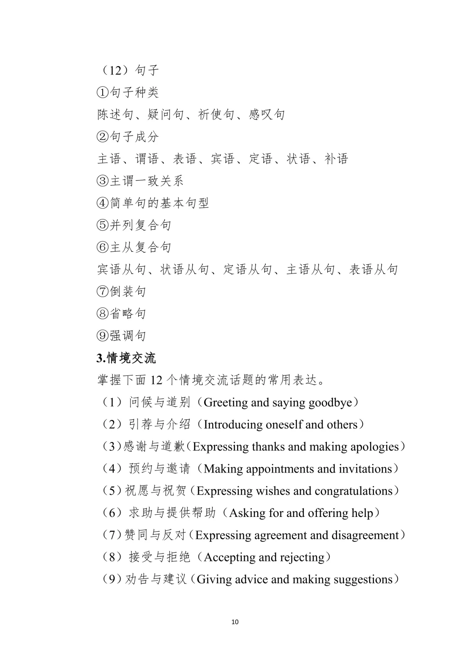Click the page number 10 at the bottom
pos(235,621)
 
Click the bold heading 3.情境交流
pos(126,358)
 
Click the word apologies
pos(374,447)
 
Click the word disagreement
pos(365,535)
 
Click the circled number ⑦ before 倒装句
pos(102,291)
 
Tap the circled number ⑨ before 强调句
pos(102,336)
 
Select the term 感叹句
pos(267,115)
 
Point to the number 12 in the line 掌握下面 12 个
pos(156,380)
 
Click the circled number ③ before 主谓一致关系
pos(102,181)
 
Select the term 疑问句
pos(165,115)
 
